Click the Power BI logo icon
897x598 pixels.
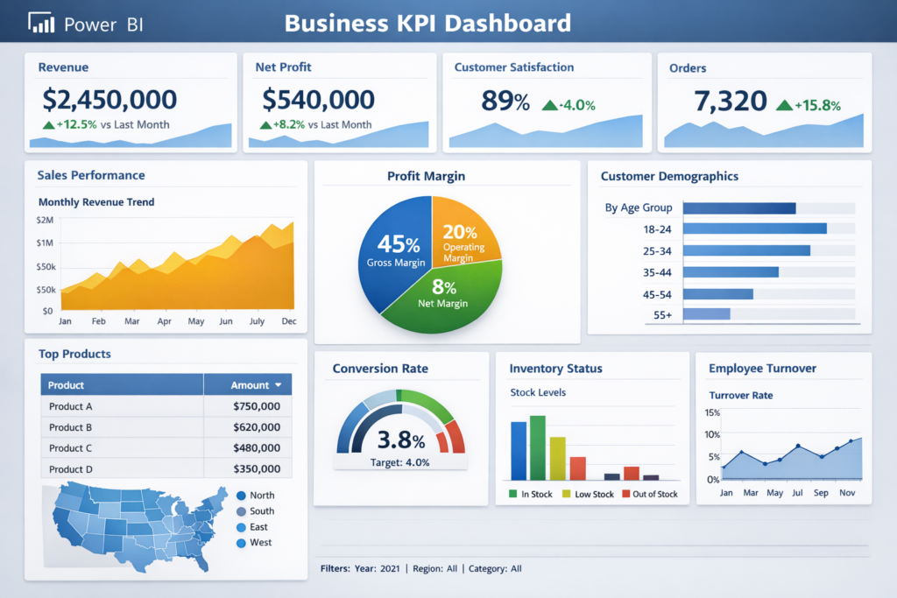(x=41, y=24)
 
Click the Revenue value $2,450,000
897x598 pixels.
(x=109, y=100)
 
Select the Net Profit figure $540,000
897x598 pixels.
(x=318, y=100)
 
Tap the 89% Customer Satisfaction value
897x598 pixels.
(x=505, y=102)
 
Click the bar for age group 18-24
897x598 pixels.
(x=753, y=229)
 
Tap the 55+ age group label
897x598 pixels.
(x=662, y=314)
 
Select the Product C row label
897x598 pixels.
(x=71, y=448)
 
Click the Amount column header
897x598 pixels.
(x=255, y=385)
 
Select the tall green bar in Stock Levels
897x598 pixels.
(x=538, y=447)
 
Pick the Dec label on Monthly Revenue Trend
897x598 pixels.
(x=288, y=322)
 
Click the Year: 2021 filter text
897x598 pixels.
(x=378, y=569)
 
